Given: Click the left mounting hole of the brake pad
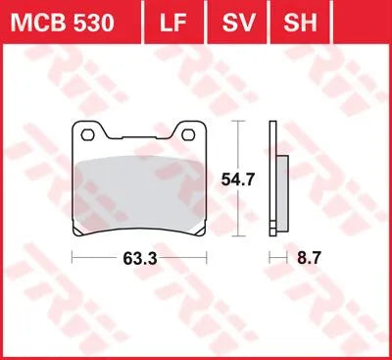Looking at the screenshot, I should [x=88, y=134].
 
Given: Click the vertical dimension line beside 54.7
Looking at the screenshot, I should [x=234, y=147].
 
